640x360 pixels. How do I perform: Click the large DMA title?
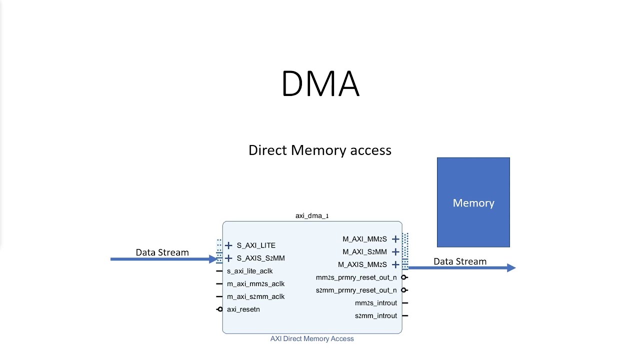(x=320, y=83)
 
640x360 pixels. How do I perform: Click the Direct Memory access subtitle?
(x=319, y=150)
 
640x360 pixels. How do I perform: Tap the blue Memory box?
(x=473, y=202)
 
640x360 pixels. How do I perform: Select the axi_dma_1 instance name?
(x=312, y=216)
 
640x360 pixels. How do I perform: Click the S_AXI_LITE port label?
(x=256, y=245)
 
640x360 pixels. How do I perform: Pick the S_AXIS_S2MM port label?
(x=260, y=258)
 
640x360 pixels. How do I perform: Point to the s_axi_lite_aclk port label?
(x=249, y=271)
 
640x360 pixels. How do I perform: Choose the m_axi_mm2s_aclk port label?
(x=255, y=284)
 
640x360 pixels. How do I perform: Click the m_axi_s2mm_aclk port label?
(x=255, y=296)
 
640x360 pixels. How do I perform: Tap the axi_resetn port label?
(x=243, y=309)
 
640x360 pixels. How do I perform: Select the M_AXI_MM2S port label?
(x=364, y=239)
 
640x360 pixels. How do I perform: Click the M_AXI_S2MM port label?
(x=364, y=252)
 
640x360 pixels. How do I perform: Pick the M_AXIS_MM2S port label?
(x=362, y=264)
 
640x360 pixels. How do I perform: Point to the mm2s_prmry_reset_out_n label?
(x=356, y=277)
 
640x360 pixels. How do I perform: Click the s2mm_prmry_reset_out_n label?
(x=356, y=290)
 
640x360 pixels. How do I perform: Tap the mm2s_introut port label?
(x=375, y=303)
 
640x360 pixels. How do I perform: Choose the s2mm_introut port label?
(x=375, y=315)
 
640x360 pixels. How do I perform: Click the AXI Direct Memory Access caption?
(x=312, y=338)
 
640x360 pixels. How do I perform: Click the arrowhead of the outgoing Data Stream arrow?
(x=511, y=268)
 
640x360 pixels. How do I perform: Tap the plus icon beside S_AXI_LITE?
(x=228, y=245)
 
